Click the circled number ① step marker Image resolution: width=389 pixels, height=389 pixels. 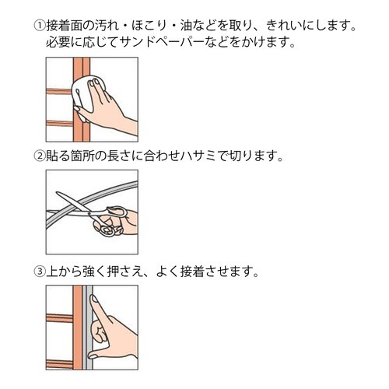pyautogui.click(x=40, y=26)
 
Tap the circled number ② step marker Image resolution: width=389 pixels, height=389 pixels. pyautogui.click(x=40, y=156)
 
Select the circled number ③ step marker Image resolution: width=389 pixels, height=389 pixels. pyautogui.click(x=40, y=272)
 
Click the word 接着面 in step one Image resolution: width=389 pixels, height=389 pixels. pyautogui.click(x=65, y=26)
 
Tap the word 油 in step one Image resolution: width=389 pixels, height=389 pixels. pyautogui.click(x=186, y=26)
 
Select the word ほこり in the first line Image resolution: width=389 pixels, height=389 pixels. pyautogui.click(x=149, y=26)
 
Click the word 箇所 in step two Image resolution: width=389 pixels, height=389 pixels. pyautogui.click(x=82, y=156)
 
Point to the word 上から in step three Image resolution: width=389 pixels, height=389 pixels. pyautogui.click(x=64, y=272)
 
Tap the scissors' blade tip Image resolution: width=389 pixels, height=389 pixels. pyautogui.click(x=57, y=192)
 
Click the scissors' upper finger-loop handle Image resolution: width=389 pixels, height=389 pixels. pyautogui.click(x=117, y=212)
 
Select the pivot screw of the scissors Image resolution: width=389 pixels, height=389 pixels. pyautogui.click(x=90, y=214)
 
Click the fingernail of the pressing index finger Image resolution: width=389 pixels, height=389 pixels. pyautogui.click(x=93, y=299)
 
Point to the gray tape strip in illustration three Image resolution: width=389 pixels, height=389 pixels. pyautogui.click(x=89, y=328)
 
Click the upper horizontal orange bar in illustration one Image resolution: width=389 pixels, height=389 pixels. pyautogui.click(x=59, y=91)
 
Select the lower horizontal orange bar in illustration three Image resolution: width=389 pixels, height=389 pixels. pyautogui.click(x=60, y=364)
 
